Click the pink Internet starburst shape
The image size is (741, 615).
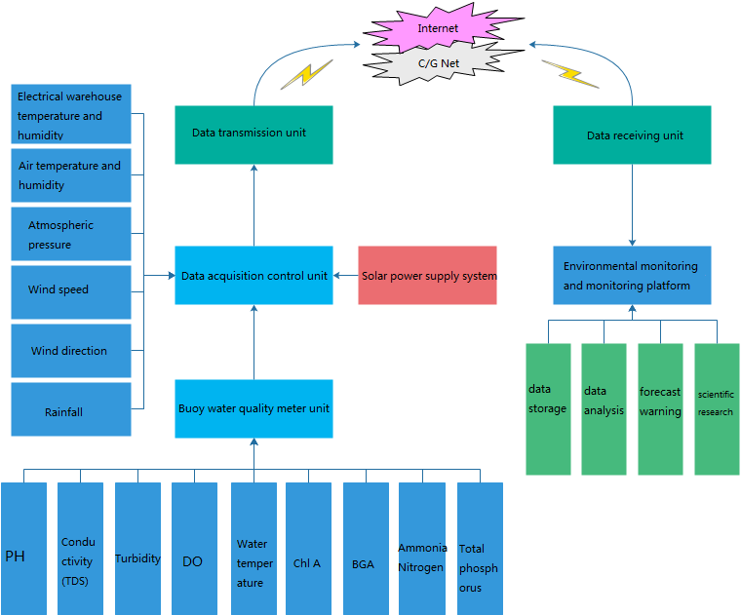[x=439, y=27]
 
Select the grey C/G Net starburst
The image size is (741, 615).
[x=439, y=64]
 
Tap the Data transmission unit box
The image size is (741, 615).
[x=253, y=134]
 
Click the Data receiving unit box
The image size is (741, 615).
[x=632, y=135]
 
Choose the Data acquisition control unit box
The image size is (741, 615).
[x=253, y=276]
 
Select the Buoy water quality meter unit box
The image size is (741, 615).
[x=253, y=408]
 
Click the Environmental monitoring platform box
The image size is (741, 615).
[x=632, y=275]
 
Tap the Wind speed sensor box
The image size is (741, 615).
[x=70, y=290]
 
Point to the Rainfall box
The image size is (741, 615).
[x=70, y=410]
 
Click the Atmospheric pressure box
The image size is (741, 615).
[x=70, y=234]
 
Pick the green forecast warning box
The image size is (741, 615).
[x=660, y=408]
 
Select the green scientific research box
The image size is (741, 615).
[x=717, y=408]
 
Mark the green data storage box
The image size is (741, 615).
[x=548, y=408]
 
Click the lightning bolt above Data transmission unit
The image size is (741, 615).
[x=306, y=76]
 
